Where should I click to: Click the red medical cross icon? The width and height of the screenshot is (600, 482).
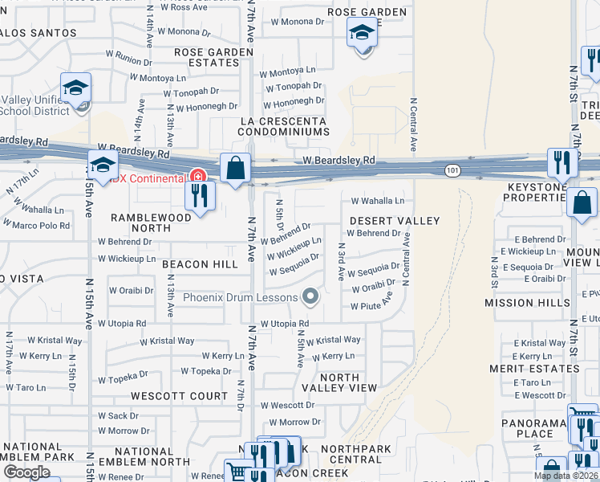click(198, 176)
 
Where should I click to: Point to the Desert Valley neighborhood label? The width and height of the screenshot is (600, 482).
click(395, 221)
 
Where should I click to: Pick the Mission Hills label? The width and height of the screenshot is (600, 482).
click(521, 303)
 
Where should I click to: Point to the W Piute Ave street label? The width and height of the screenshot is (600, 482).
click(371, 306)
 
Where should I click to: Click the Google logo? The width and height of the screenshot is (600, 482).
click(26, 472)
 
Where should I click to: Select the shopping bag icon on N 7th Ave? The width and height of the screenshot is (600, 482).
click(236, 169)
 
